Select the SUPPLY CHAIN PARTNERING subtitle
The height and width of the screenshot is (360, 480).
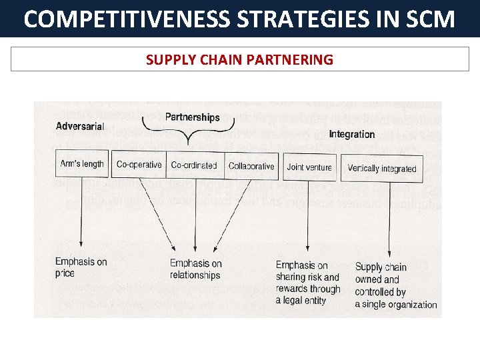[x=239, y=60]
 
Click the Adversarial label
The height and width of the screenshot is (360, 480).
[x=80, y=126]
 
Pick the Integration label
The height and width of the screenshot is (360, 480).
[x=351, y=134]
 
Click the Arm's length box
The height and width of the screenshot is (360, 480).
[x=82, y=165]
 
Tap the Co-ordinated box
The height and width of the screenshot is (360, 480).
[x=194, y=165]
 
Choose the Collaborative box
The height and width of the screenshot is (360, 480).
[x=251, y=166]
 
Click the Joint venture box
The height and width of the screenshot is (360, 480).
[x=309, y=167]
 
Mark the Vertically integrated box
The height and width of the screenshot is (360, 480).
[x=381, y=168]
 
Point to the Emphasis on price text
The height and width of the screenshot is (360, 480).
[x=81, y=267]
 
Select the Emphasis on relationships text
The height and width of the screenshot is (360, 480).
[x=195, y=269]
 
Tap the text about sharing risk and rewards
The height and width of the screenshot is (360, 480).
[x=308, y=283]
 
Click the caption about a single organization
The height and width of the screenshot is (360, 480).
[x=395, y=285]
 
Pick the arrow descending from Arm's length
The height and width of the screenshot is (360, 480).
[x=81, y=213]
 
